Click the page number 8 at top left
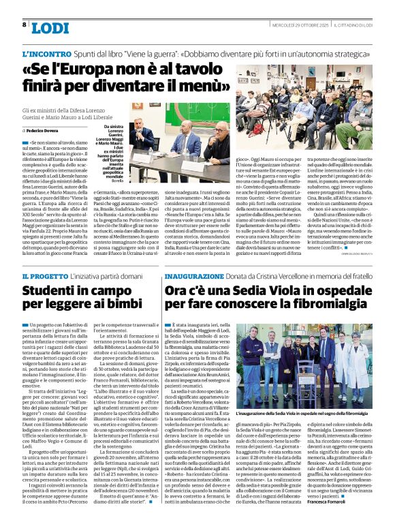coord(25,25)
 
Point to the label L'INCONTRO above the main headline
coord(46,53)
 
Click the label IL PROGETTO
coord(44,275)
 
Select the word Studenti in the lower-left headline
coord(51,292)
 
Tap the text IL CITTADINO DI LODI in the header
coord(362,24)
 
